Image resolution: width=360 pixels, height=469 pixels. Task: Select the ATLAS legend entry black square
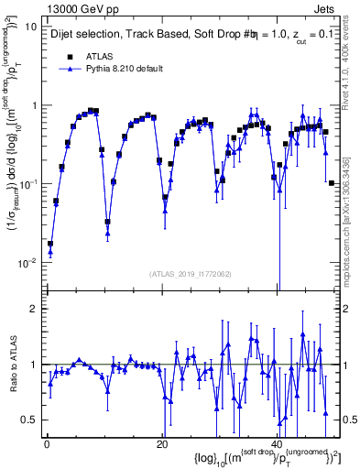click(69, 57)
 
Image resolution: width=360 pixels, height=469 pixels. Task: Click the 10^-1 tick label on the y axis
click(29, 184)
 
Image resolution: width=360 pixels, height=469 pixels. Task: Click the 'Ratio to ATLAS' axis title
click(12, 365)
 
